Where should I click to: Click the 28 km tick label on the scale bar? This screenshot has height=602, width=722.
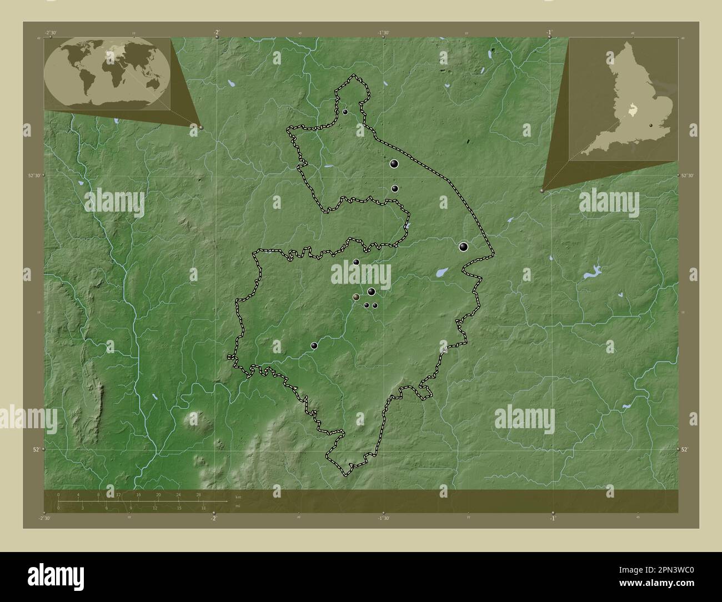pos(199,494)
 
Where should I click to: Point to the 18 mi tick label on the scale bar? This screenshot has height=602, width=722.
pos(204,508)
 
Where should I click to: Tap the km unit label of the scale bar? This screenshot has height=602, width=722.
pos(238,496)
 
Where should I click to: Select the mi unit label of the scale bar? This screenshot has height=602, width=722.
pos(237,506)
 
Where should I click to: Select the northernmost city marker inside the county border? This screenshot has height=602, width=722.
pos(345,112)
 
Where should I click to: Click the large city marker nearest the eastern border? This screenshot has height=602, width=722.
pos(464,247)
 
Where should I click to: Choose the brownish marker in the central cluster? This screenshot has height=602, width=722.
pos(356,297)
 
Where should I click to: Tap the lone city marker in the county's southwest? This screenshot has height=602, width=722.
pos(314,346)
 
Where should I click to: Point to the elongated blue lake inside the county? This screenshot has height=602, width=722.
pos(442,272)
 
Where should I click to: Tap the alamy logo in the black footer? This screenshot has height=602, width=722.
pos(56,575)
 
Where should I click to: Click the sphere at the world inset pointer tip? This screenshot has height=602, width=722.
pos(201,127)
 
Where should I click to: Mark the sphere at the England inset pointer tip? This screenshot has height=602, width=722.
pos(542,190)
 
